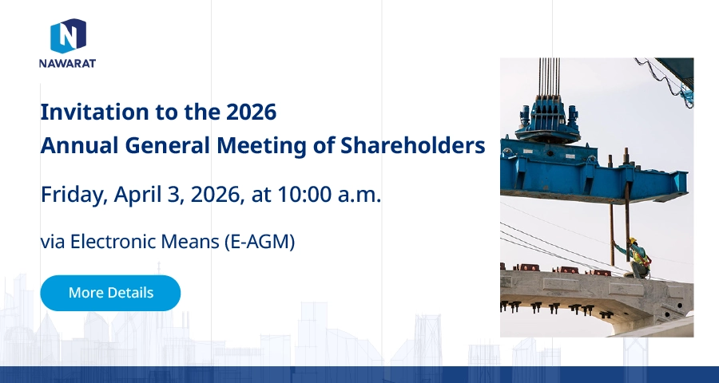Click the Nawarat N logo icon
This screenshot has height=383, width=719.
[68, 36]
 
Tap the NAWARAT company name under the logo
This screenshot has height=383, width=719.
[67, 63]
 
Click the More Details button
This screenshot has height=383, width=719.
[110, 293]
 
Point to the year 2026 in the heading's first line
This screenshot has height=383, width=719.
[252, 113]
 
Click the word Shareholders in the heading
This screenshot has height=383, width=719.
[413, 145]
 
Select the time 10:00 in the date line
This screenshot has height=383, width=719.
[304, 194]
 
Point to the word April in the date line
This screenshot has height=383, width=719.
[137, 195]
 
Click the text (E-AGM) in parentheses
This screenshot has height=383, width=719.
[260, 242]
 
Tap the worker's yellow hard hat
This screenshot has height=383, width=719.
[633, 240]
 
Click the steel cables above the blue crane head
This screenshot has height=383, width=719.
[549, 77]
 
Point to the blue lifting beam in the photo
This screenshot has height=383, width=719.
[594, 172]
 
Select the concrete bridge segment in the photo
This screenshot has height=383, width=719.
[597, 298]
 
